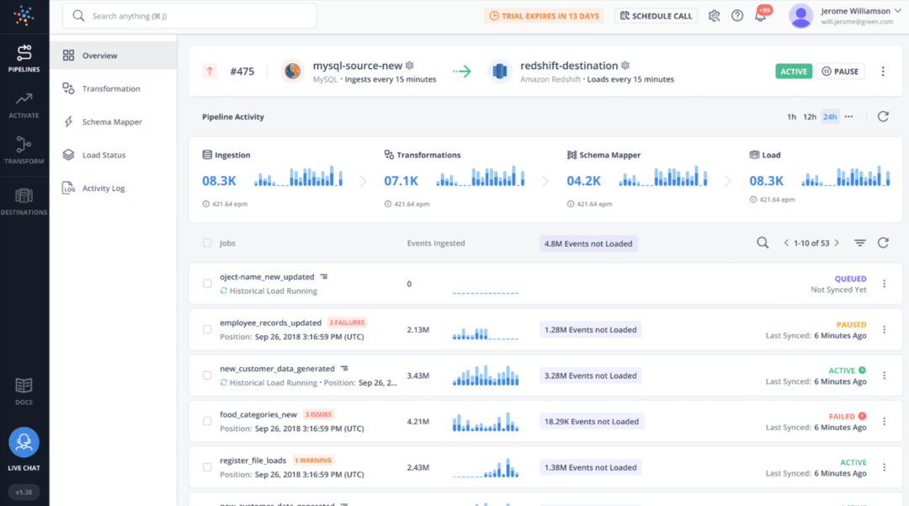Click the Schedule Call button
tap(656, 16)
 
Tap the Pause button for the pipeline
tap(840, 72)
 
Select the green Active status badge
tap(793, 72)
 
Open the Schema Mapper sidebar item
tap(112, 122)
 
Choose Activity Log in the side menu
tap(104, 189)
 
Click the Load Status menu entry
tap(104, 155)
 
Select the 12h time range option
tap(810, 117)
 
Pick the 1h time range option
tap(791, 117)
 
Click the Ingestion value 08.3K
tap(219, 181)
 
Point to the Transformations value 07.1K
tap(401, 181)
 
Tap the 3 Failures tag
tap(347, 322)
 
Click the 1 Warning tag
tap(312, 461)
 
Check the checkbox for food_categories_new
tap(207, 422)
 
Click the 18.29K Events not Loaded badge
tap(591, 422)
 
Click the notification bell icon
tap(760, 17)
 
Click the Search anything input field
tap(194, 16)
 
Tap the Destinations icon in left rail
tap(24, 200)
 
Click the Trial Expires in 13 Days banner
tap(544, 16)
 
